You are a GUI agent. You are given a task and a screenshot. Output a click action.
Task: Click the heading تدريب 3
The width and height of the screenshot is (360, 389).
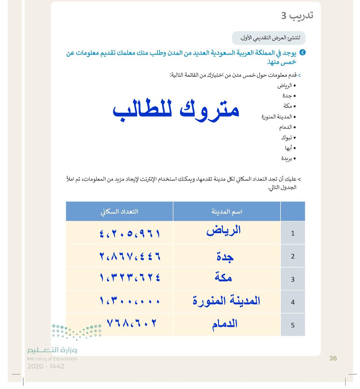(297, 16)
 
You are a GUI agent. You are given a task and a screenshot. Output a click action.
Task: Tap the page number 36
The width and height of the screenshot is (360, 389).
(333, 358)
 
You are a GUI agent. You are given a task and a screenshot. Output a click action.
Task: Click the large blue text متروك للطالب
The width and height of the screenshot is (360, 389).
(176, 111)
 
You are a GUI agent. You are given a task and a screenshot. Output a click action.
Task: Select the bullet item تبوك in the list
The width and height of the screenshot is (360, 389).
(289, 138)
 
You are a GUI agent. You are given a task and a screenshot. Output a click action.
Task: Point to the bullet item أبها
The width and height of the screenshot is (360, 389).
(290, 148)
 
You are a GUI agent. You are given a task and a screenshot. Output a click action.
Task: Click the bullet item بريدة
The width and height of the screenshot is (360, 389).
(288, 158)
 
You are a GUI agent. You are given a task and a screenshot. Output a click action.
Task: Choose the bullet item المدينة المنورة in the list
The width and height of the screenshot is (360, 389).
(279, 117)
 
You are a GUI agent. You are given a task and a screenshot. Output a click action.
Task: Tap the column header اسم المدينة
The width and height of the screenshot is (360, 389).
(227, 211)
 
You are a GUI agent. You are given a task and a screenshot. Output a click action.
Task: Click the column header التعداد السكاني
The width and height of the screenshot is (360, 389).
(119, 211)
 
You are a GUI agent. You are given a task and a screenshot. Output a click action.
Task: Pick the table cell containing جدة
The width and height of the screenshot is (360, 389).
(225, 256)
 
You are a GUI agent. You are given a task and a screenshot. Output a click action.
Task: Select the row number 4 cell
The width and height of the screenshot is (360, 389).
(292, 302)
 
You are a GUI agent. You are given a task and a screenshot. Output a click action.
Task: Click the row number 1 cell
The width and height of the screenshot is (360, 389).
(292, 233)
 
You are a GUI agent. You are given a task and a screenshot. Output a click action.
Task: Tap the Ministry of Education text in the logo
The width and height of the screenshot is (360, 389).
(52, 359)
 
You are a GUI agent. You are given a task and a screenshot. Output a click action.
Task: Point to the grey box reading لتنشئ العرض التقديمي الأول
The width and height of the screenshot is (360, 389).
(268, 38)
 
